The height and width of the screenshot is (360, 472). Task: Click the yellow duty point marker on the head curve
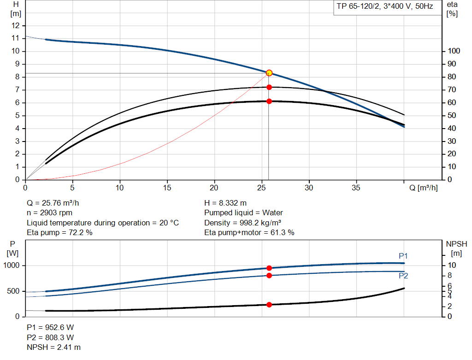coord(269,73)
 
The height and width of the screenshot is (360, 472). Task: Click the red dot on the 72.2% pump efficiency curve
coord(269,87)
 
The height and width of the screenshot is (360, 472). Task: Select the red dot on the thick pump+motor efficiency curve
coord(269,101)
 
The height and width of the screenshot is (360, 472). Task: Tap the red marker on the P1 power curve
coord(269,268)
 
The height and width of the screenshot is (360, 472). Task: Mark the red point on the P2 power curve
coord(269,275)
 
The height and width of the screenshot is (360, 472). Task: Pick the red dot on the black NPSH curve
coord(269,305)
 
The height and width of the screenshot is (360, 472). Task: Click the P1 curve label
coord(403,256)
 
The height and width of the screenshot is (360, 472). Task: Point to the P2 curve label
coord(403,276)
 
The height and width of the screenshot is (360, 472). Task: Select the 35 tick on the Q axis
coord(356,188)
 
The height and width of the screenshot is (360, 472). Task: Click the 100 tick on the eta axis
coord(454,51)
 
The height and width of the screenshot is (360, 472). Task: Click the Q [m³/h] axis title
coord(424,188)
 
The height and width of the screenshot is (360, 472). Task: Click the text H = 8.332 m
coord(225,203)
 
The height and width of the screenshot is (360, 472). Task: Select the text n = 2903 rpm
coord(49,213)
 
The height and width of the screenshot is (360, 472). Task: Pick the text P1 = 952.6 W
coord(50,327)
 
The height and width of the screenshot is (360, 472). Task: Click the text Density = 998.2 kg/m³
coord(242,223)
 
